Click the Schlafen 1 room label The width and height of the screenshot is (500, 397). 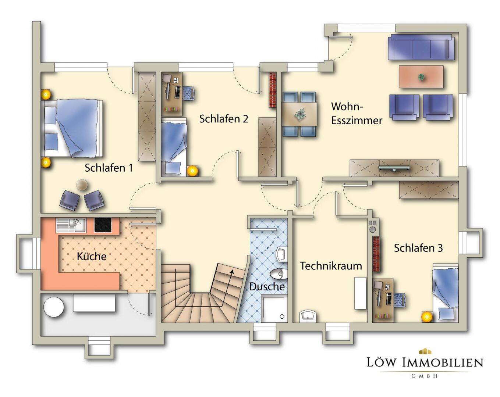click(x=109, y=168)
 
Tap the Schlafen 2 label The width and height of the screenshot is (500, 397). click(x=223, y=119)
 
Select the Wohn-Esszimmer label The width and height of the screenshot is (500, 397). click(x=356, y=113)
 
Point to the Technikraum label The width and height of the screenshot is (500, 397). click(x=330, y=266)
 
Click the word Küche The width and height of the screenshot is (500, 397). click(x=91, y=256)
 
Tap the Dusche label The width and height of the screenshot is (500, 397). click(x=267, y=286)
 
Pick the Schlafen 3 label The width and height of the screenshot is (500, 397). click(x=418, y=248)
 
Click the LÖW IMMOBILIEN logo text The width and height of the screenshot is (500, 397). click(x=425, y=362)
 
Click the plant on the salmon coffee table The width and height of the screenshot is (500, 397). click(x=421, y=77)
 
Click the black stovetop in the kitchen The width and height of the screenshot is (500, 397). click(x=103, y=225)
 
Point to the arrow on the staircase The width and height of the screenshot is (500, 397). click(x=232, y=271)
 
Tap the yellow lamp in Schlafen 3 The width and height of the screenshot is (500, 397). click(x=426, y=316)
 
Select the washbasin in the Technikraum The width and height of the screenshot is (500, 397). click(x=308, y=315)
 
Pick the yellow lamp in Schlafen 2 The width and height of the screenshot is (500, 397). click(x=192, y=171)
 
